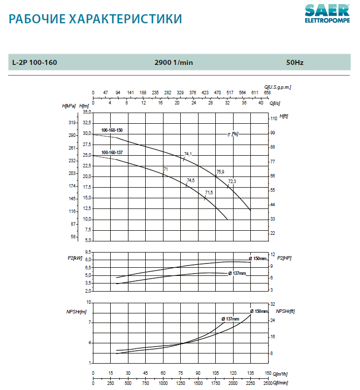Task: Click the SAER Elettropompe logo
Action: tap(327, 14)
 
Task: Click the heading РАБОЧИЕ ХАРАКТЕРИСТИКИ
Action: tap(95, 20)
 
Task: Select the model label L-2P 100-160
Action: tap(35, 62)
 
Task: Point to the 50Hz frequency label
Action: tap(294, 62)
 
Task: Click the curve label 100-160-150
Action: tap(112, 130)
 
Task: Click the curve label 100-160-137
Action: tap(112, 153)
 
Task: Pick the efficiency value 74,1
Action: tap(188, 154)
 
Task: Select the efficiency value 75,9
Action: tap(220, 172)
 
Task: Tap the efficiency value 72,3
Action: tap(232, 181)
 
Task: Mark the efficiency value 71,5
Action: tap(209, 193)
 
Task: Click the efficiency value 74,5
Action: tap(190, 181)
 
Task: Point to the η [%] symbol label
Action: tap(233, 134)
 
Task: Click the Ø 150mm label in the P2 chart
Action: tap(257, 259)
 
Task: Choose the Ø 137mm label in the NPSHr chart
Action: tap(230, 318)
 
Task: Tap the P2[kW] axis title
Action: tap(75, 258)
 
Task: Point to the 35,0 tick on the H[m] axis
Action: tap(87, 112)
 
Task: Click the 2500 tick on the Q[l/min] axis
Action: tap(268, 383)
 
